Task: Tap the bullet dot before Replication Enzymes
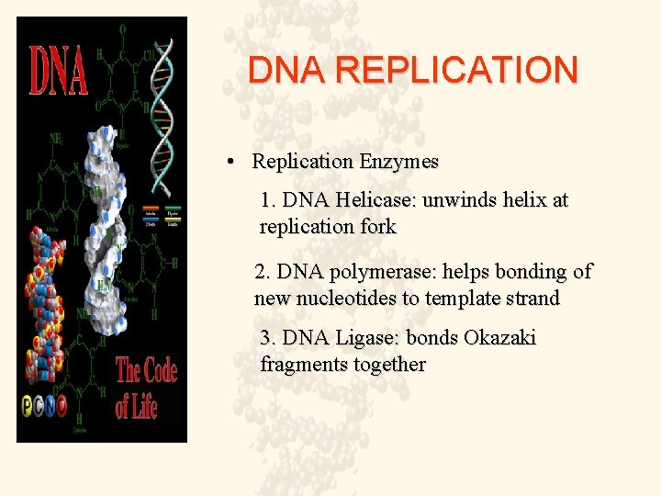coord(234,163)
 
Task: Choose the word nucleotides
coord(348,299)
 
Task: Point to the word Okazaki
coord(499,337)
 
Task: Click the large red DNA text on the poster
coord(60,72)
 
